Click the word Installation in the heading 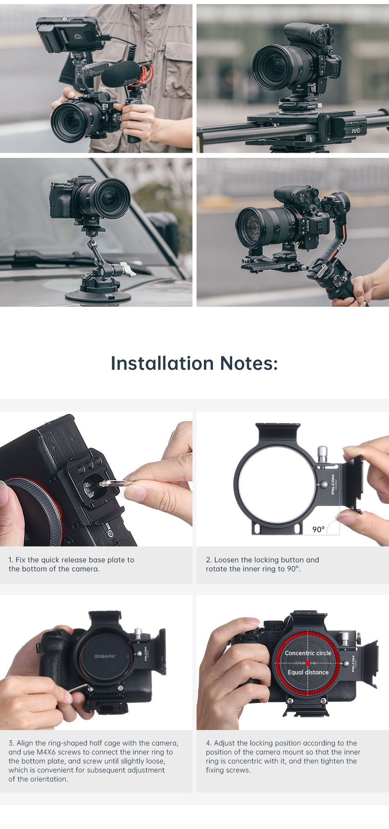162,363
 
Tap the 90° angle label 319,529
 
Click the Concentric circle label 308,653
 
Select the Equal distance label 308,672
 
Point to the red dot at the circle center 308,663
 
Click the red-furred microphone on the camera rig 123,74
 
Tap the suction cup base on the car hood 98,295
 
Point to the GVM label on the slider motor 357,130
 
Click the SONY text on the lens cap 106,656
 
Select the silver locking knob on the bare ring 323,454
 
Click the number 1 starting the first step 11,560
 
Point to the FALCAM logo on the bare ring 332,484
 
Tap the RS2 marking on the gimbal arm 340,247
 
